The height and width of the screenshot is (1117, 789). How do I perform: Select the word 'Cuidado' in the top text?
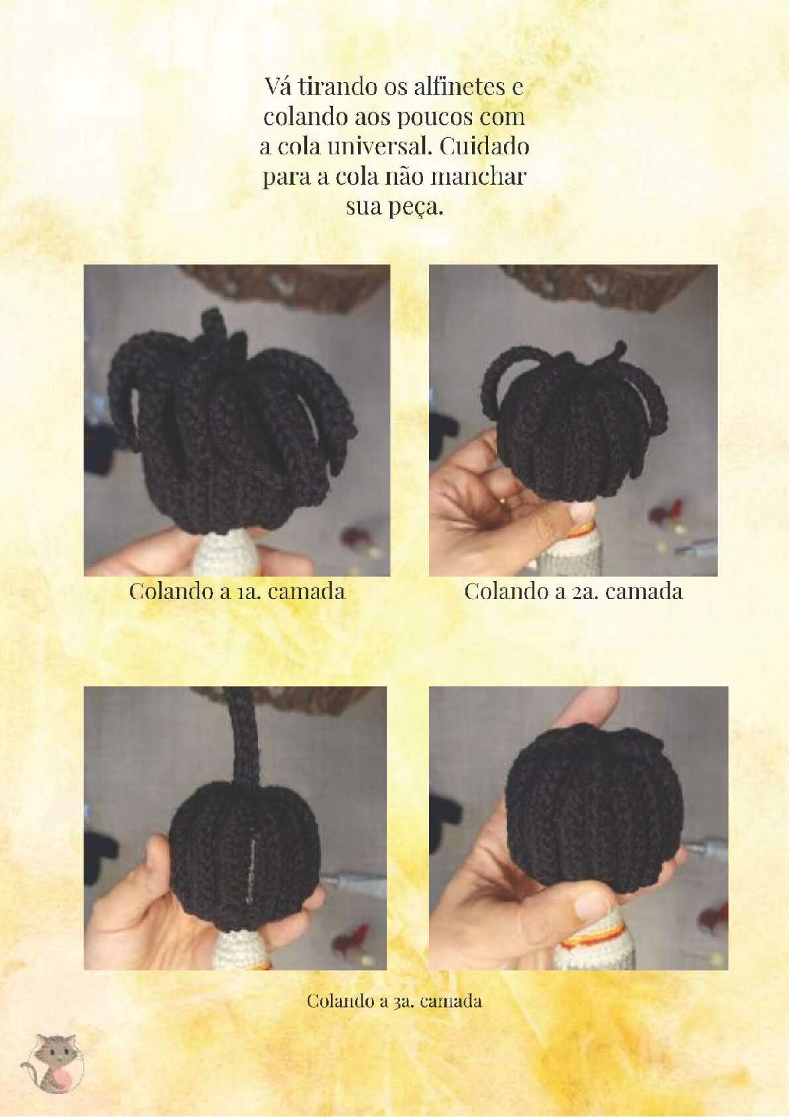pos(485,147)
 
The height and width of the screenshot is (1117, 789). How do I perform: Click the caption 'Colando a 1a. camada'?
pos(237,592)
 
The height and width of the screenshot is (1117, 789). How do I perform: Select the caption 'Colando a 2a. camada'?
pos(574,592)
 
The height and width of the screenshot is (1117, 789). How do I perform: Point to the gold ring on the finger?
pos(502,501)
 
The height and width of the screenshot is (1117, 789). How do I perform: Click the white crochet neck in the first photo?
pos(225,553)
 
